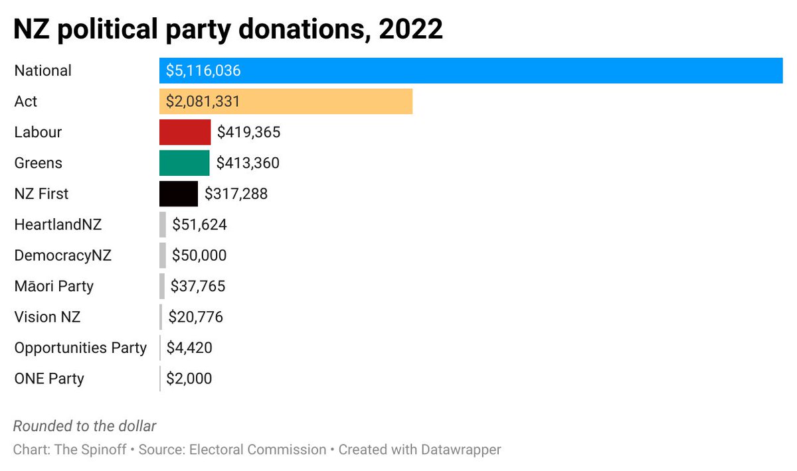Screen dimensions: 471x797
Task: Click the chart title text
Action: point(228,30)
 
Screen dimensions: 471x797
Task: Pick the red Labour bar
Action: point(185,132)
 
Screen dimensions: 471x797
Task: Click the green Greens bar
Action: point(184,163)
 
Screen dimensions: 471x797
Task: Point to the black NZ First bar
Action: point(178,194)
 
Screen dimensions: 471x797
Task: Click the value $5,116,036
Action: point(203,70)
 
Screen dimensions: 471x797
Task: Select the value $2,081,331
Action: point(203,101)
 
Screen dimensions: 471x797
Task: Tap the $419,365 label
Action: point(248,132)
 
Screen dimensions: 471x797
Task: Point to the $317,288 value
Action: point(236,194)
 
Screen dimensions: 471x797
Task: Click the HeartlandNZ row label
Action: point(58,225)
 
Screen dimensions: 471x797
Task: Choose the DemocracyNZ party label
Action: point(62,255)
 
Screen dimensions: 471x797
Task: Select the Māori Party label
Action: point(54,287)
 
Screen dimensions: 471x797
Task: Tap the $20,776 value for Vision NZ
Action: point(195,317)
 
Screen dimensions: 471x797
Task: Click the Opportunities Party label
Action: point(80,348)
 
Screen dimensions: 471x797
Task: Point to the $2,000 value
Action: point(189,379)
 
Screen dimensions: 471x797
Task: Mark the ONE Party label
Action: point(49,379)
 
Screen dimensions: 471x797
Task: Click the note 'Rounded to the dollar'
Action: point(85,426)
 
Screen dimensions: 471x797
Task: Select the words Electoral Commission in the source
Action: point(258,450)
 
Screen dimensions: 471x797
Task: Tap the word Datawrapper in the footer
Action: point(461,450)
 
